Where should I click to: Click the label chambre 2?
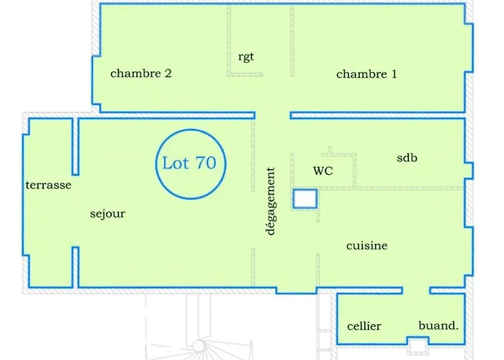pos(140,73)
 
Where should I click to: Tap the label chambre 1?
pos(366,73)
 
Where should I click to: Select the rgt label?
pos(246,56)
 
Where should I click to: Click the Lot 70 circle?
pos(189,163)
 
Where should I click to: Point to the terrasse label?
pos(48,185)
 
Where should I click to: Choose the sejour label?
pos(108,214)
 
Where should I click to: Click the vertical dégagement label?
pos(271,201)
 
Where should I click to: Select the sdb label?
pos(408,158)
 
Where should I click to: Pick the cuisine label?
pos(366,246)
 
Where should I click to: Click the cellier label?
pos(364,326)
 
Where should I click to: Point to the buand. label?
pos(438,325)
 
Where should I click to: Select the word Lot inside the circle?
pos(175,163)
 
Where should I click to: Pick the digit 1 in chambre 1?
pos(393,73)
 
